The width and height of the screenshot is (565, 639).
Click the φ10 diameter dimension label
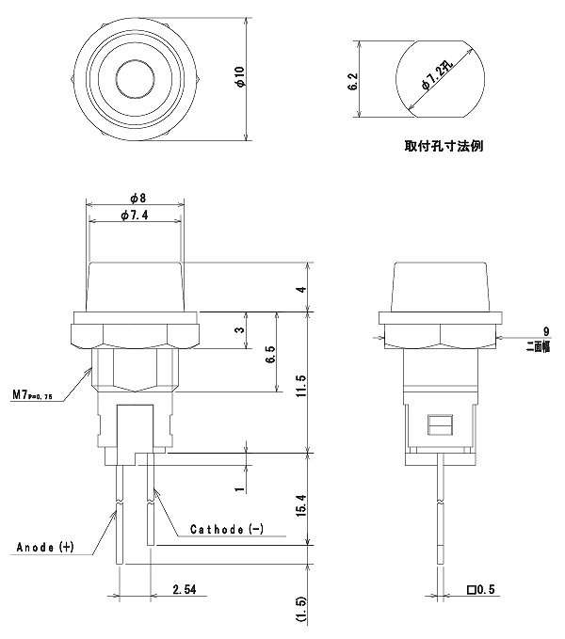pyautogui.click(x=241, y=77)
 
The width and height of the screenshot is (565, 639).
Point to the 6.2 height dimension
pyautogui.click(x=352, y=82)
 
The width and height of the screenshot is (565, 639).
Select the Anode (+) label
pyautogui.click(x=44, y=547)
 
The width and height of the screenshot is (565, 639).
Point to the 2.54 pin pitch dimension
pyautogui.click(x=185, y=591)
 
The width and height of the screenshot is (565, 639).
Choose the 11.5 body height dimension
pyautogui.click(x=301, y=386)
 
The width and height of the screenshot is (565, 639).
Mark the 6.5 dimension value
pyautogui.click(x=270, y=355)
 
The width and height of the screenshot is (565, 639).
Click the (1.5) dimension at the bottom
pyautogui.click(x=301, y=609)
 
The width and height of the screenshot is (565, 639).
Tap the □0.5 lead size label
pyautogui.click(x=481, y=591)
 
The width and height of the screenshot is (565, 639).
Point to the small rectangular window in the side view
pyautogui.click(x=439, y=425)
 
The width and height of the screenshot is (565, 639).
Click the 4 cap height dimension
pyautogui.click(x=301, y=290)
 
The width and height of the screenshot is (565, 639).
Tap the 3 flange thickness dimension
pyautogui.click(x=241, y=330)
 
